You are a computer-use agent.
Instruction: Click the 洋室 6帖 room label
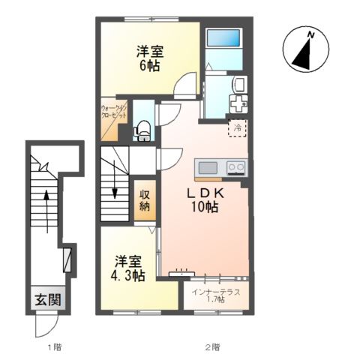[x=151, y=58]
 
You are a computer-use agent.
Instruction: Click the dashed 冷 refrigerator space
[x=237, y=129]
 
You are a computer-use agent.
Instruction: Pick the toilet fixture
[x=142, y=132]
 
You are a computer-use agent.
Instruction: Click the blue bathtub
[x=223, y=40]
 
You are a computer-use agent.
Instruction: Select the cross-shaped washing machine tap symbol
[x=237, y=103]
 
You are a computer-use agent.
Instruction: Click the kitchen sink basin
[x=208, y=166]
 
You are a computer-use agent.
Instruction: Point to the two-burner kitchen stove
[x=236, y=166]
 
